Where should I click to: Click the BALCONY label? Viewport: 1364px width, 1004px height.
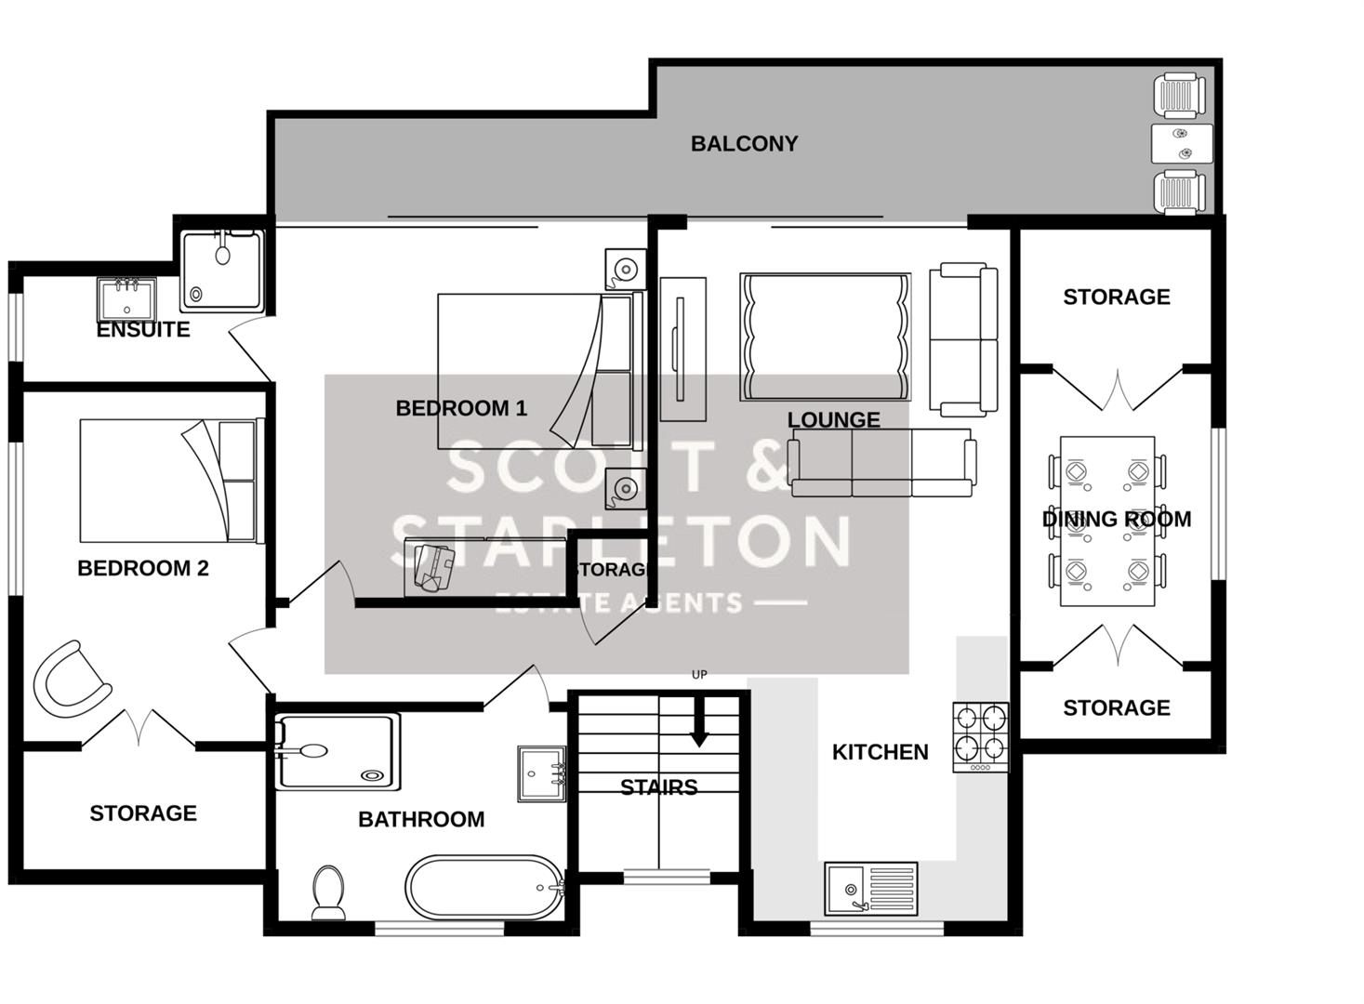point(744,144)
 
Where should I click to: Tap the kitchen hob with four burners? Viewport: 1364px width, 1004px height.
point(980,736)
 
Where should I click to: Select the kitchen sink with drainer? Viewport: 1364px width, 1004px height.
point(870,889)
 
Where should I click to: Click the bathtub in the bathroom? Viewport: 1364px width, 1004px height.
point(484,887)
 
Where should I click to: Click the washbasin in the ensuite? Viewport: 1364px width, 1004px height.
point(126,299)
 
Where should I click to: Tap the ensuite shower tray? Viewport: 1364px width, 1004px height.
point(222,270)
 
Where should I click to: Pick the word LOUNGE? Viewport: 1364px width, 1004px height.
point(833,420)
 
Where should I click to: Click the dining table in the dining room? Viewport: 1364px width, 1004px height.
point(1106,521)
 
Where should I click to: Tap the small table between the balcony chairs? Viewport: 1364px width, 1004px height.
point(1182,144)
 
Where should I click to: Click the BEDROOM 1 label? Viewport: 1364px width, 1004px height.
point(461,408)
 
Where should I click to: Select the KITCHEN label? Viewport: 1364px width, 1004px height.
point(880,752)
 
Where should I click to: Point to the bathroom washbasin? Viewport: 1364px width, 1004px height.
point(541,773)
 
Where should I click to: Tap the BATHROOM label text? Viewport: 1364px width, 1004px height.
point(421,819)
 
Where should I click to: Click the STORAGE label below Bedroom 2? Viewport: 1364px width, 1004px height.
point(143,813)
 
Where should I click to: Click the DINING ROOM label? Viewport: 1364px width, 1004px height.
point(1116,520)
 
